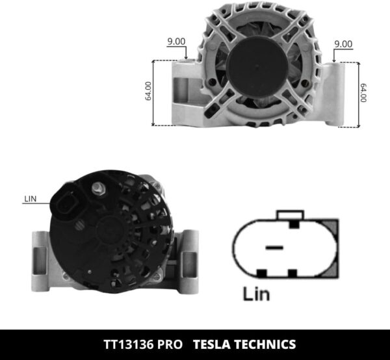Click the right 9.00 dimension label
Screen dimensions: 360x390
343,44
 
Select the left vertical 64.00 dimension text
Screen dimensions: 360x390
148,90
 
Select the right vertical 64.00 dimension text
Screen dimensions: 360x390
363,92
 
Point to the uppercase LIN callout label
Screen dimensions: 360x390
30,199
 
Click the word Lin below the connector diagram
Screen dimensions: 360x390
257,294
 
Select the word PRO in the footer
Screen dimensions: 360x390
168,344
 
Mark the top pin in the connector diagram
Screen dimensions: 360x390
293,224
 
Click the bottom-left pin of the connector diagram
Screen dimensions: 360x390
262,272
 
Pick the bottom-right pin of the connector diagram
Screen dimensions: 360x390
292,272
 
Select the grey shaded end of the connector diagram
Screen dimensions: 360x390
331,248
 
